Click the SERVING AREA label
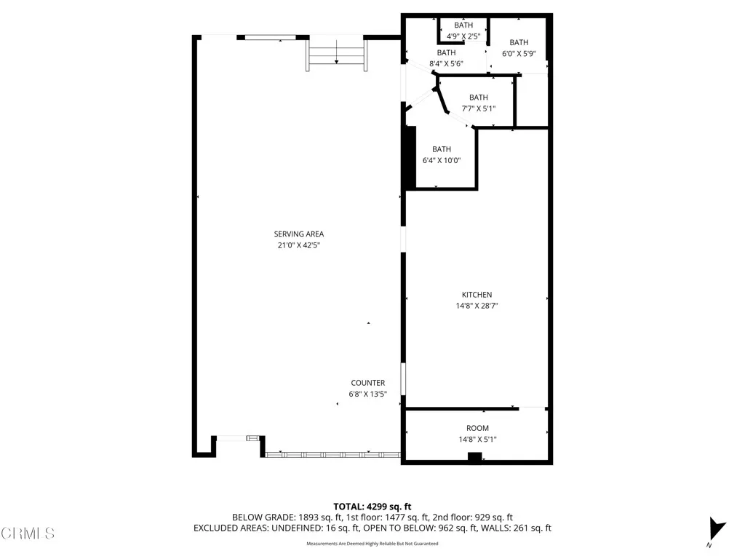[x=298, y=234]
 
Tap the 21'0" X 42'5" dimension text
[x=298, y=245]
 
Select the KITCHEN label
[x=477, y=295]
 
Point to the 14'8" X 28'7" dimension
[x=477, y=306]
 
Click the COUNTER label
[x=367, y=383]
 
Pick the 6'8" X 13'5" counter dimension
[x=367, y=395]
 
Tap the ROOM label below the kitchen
[x=477, y=428]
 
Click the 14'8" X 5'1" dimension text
[x=477, y=439]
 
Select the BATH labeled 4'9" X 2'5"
[x=463, y=25]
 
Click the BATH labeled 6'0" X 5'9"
[x=519, y=42]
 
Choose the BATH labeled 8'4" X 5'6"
[x=446, y=52]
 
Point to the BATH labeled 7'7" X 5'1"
[x=478, y=98]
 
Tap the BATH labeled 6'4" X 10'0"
[x=442, y=149]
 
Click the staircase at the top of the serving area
[x=336, y=55]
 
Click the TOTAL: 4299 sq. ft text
[x=372, y=506]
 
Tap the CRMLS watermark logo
[x=28, y=534]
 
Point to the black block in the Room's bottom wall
[x=474, y=457]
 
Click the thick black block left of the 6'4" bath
[x=410, y=157]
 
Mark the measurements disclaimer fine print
[x=372, y=544]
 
